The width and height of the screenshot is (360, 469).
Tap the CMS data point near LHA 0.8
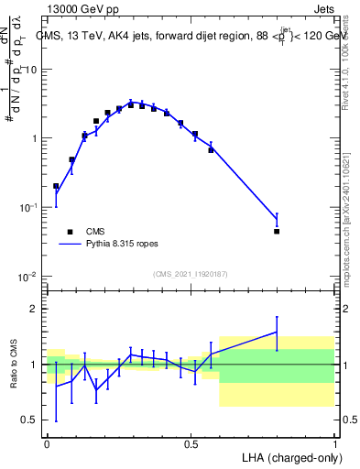coord(277,232)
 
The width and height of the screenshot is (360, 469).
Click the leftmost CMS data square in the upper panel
coord(56,186)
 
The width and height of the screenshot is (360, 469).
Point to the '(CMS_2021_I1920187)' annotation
coord(190,273)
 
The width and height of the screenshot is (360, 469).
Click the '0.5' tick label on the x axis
coord(191,443)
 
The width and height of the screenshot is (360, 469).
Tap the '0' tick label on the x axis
coord(47,443)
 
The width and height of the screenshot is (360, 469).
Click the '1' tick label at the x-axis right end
coord(334,443)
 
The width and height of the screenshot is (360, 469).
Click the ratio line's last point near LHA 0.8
coord(277,332)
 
